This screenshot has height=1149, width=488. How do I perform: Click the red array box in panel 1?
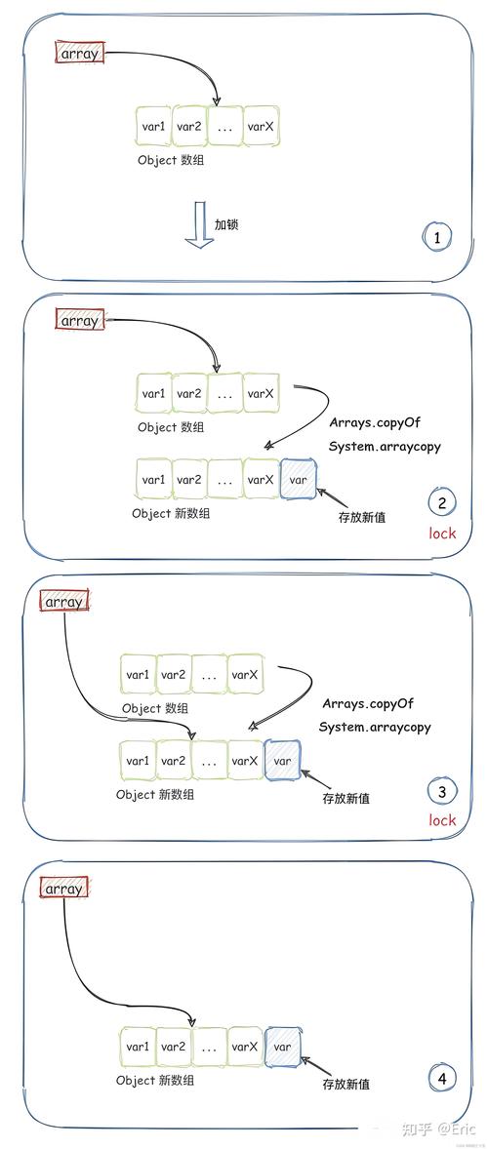coord(79,54)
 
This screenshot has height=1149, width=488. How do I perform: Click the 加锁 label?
coord(226,224)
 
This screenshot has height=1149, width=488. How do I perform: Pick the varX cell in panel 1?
coord(261,127)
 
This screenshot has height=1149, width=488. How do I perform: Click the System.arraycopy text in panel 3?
coord(375,727)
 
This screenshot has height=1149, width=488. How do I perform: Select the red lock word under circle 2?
coord(442,534)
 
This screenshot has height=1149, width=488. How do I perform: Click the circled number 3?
coord(441,791)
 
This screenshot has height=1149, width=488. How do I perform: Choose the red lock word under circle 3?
coord(442,820)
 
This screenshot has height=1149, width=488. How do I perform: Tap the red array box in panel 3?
coord(63,602)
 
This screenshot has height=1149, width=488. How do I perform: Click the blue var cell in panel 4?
coord(283,1047)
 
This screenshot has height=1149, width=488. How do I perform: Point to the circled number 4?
coord(441,1078)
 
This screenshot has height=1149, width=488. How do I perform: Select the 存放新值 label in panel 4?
coord(346,1084)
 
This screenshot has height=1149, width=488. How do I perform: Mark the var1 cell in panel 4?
coord(138,1047)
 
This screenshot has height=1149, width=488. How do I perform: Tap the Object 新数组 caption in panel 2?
coord(171,512)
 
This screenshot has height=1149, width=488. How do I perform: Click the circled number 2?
coord(441,503)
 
